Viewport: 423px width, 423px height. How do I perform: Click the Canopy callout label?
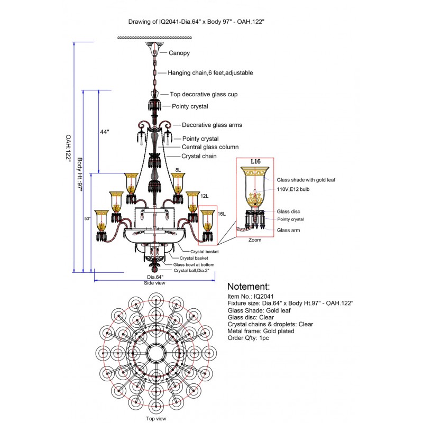(179, 53)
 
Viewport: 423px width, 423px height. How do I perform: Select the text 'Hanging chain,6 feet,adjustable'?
(210, 72)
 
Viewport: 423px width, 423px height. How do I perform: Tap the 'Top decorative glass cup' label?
(204, 94)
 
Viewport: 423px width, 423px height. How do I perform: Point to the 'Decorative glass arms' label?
(212, 125)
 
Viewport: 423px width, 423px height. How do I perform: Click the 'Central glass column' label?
(210, 147)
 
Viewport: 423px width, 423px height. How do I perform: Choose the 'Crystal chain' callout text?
(199, 157)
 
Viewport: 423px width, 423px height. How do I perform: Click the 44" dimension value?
(104, 132)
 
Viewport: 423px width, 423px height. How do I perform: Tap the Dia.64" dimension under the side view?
(155, 277)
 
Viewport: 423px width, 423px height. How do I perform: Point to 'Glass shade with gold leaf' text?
(306, 180)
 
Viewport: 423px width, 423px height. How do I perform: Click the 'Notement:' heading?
(248, 287)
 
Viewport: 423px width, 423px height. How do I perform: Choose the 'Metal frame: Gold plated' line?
(261, 331)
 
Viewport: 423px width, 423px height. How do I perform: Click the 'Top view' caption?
(155, 418)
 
